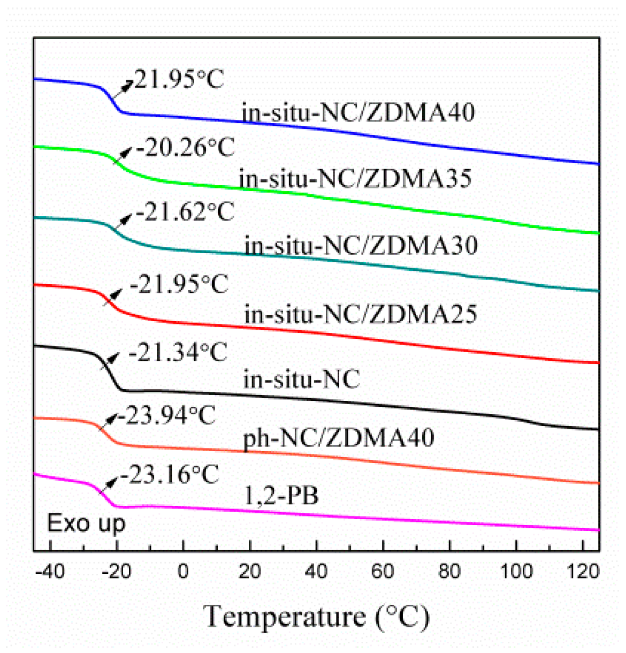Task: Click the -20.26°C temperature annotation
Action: (x=185, y=147)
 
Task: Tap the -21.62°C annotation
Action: (x=185, y=212)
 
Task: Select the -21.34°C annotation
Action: (x=178, y=352)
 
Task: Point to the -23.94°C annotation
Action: (x=166, y=415)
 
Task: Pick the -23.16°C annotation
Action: (x=167, y=474)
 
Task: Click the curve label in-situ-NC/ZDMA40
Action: (x=358, y=112)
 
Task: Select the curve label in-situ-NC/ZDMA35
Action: (x=355, y=178)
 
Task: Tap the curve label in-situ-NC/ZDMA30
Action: (x=361, y=246)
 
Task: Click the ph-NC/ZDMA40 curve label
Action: (x=339, y=438)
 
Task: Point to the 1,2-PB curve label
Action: (x=281, y=496)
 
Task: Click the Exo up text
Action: (x=86, y=523)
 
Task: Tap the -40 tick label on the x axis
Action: (x=49, y=572)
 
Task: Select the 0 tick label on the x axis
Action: (x=183, y=572)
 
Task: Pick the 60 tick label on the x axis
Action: (x=383, y=572)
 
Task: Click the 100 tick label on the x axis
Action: (x=516, y=572)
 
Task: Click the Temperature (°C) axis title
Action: (x=317, y=617)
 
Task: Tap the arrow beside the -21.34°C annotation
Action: (x=111, y=359)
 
